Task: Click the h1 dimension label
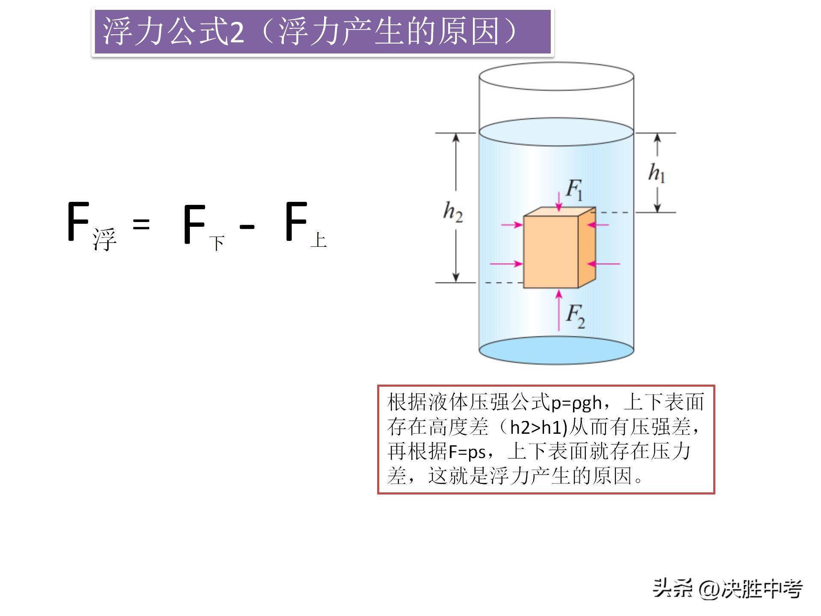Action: point(657,173)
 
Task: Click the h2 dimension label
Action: point(453,212)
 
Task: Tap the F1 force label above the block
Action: point(574,190)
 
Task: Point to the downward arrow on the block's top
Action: point(558,202)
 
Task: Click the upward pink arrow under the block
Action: point(558,310)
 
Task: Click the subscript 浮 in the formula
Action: point(104,240)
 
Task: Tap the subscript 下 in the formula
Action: point(217,243)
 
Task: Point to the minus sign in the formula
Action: point(247,226)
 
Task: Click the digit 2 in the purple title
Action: point(237,33)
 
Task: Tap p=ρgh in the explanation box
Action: point(576,403)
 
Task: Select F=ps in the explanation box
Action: point(467,452)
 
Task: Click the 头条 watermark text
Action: point(672,589)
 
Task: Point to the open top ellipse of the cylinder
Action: point(556,77)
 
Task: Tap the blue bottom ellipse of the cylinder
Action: point(556,351)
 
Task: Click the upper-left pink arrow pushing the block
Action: point(512,224)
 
